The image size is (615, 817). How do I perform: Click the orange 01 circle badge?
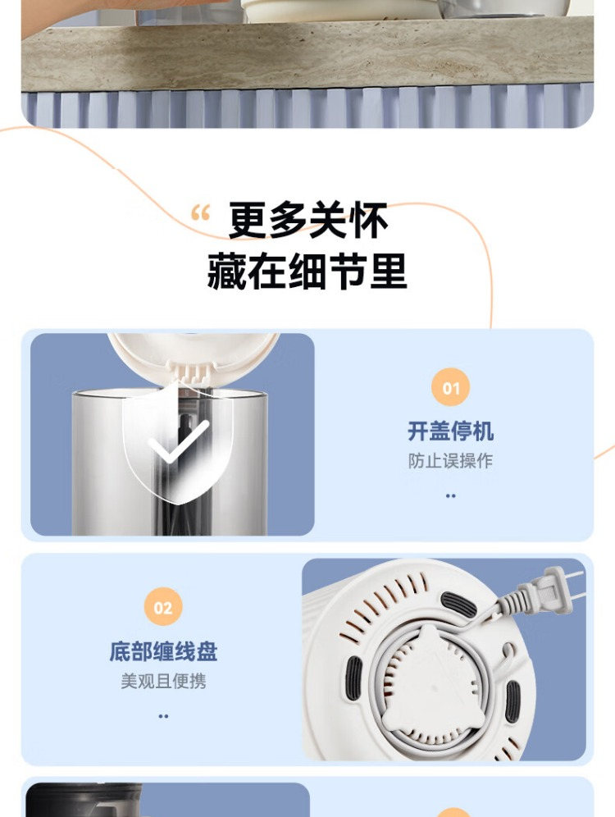451,387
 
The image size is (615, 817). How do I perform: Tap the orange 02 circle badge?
163,607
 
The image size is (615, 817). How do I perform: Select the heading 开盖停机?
450,431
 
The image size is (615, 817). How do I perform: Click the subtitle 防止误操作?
450,461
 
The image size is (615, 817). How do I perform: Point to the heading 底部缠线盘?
163,651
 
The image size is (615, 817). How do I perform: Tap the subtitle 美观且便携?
163,681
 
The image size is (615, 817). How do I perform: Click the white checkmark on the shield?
178,442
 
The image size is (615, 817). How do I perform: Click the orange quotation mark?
200,212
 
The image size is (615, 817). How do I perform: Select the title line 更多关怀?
308,221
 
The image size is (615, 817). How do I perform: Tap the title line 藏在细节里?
307,271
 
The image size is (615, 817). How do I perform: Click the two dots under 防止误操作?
450,495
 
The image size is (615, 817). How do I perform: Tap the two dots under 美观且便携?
163,716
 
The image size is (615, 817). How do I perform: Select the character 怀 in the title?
369,221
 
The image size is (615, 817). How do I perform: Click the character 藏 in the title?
226,271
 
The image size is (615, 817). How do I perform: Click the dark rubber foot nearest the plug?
458,605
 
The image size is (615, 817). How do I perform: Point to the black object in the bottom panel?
84,800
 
